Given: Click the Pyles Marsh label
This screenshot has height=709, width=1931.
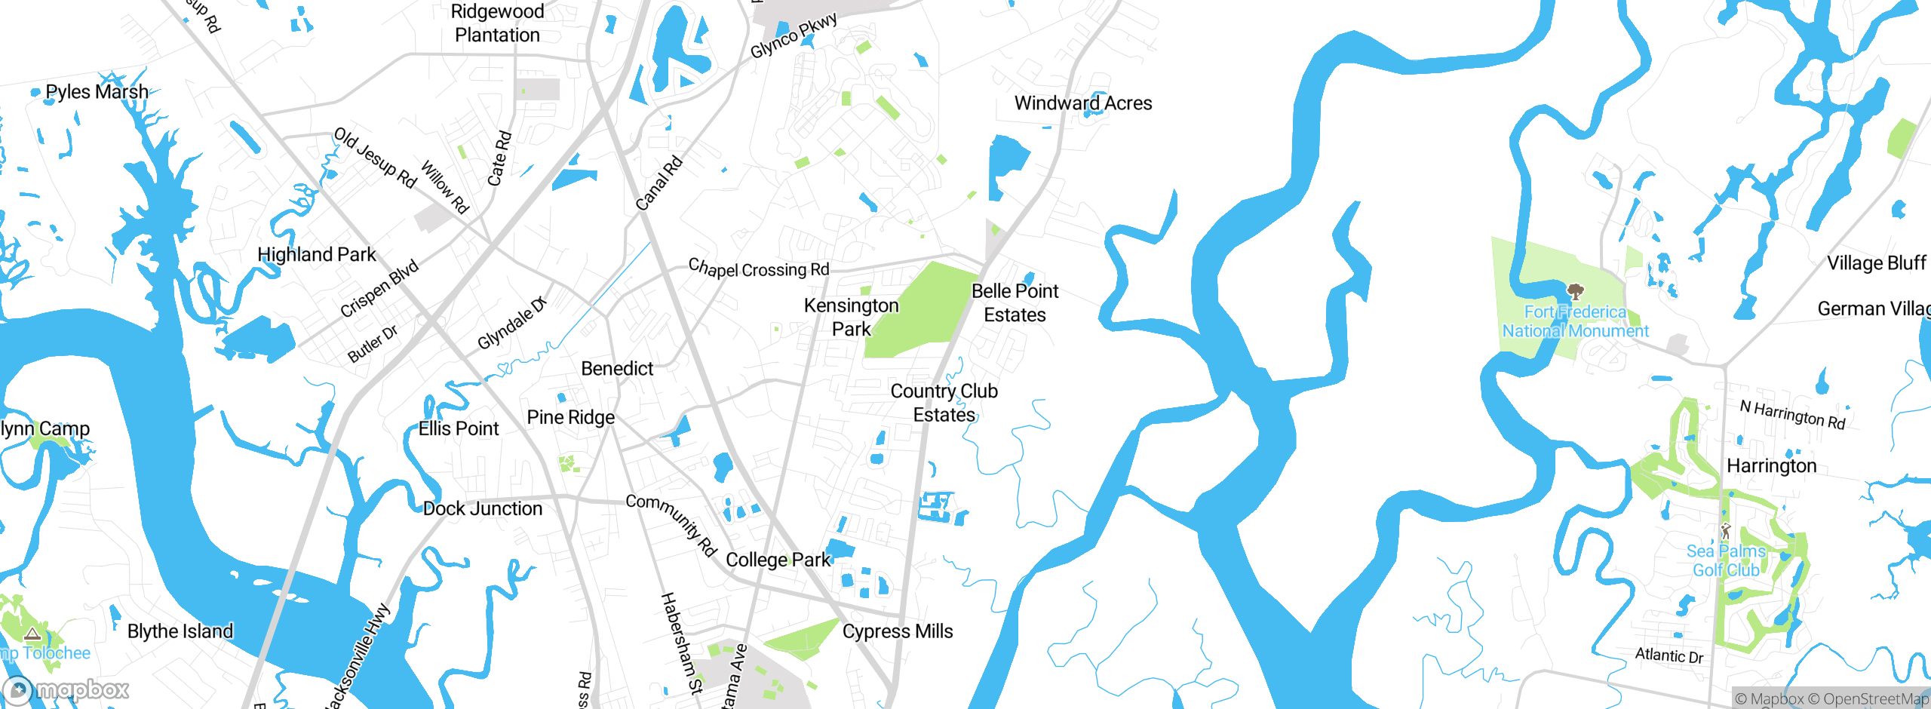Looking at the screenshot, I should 97,92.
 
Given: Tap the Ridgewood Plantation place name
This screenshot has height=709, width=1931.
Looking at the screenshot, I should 497,23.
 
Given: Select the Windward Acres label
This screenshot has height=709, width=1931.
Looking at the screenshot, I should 1082,103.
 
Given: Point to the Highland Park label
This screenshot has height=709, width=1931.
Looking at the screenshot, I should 317,255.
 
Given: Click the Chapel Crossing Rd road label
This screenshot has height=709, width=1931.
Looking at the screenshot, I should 759,269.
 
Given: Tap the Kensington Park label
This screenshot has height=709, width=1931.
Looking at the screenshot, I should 851,317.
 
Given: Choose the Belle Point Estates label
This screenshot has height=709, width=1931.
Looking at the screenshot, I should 1015,302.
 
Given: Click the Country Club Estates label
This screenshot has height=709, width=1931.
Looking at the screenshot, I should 944,403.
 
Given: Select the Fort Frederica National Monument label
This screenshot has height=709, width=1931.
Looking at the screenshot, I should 1575,321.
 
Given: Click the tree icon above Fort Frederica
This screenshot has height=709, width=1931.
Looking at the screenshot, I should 1575,291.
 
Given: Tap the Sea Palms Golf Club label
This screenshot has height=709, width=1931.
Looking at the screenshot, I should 1726,560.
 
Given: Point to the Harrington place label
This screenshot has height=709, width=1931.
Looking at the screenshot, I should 1771,466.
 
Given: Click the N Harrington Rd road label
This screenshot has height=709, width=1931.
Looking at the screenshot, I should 1792,415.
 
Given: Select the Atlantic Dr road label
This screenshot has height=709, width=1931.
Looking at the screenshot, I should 1669,655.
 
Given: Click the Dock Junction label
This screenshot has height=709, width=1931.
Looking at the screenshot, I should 483,509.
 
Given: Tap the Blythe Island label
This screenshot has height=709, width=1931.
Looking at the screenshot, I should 180,631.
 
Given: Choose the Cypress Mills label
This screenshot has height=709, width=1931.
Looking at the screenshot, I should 898,631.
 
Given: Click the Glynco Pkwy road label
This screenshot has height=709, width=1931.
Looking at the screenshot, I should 794,35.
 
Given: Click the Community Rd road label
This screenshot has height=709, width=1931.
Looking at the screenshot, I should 671,523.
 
